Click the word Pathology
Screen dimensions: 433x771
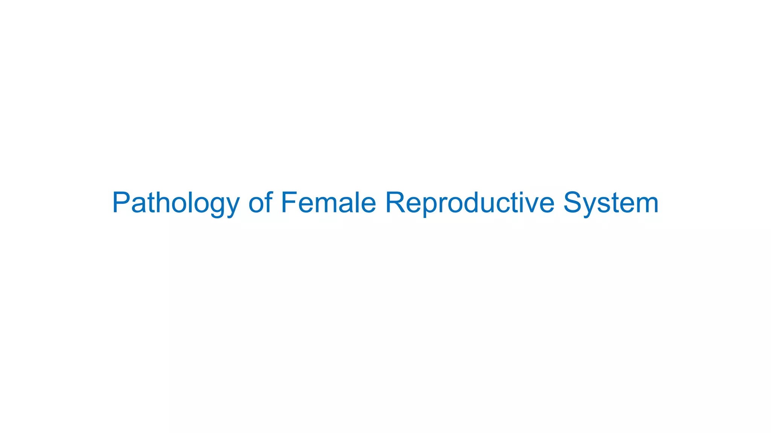click(x=175, y=203)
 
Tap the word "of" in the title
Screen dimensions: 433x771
click(x=260, y=203)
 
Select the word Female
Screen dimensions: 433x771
click(x=328, y=203)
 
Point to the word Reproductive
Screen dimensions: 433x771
click(x=469, y=203)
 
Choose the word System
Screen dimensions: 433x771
click(x=611, y=203)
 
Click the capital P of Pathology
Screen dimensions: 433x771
click(x=121, y=203)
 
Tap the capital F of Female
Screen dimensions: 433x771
click(x=289, y=203)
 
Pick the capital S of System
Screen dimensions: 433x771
click(x=573, y=203)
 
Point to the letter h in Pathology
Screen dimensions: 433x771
click(x=163, y=203)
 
